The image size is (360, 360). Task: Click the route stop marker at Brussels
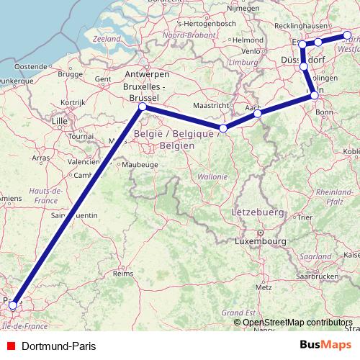coord(142,107)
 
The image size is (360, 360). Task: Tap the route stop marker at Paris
coord(13,305)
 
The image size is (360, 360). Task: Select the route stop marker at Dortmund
coord(347,35)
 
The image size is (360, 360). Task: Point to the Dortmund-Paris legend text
coord(54,346)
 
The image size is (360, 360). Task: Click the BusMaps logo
coord(326,345)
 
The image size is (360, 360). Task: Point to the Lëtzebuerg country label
coord(255,213)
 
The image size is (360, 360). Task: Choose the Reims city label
coord(124,274)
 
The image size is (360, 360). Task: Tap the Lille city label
coord(59,121)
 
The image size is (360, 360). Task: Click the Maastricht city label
coord(211,105)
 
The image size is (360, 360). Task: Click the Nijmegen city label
coord(243,9)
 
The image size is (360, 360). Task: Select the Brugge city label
coord(70,73)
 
